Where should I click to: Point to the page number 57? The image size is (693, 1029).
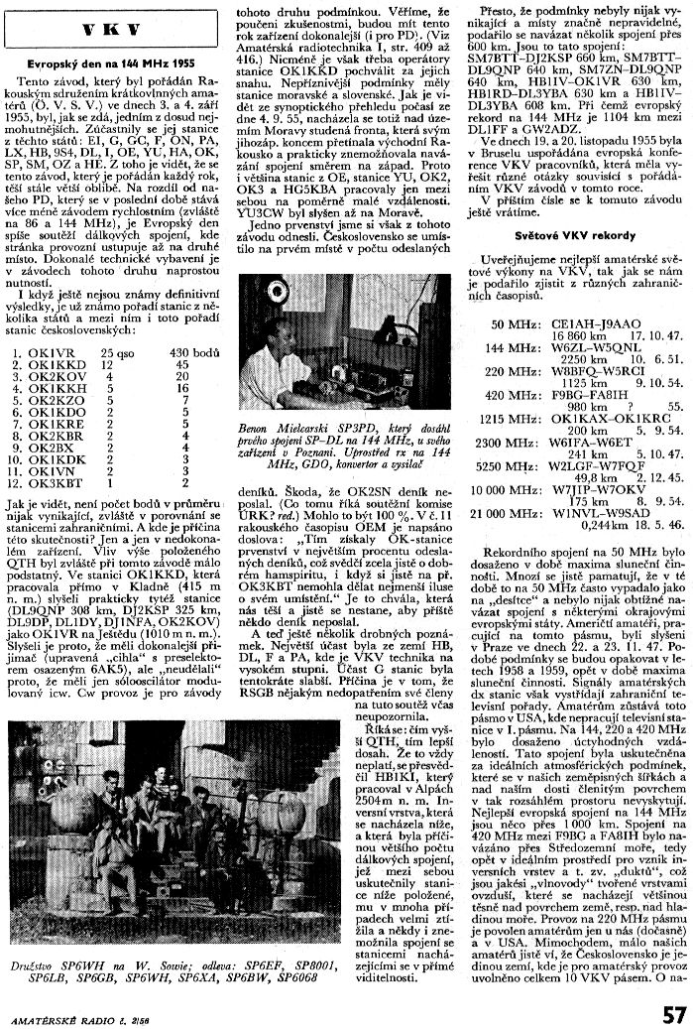[674, 1013]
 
